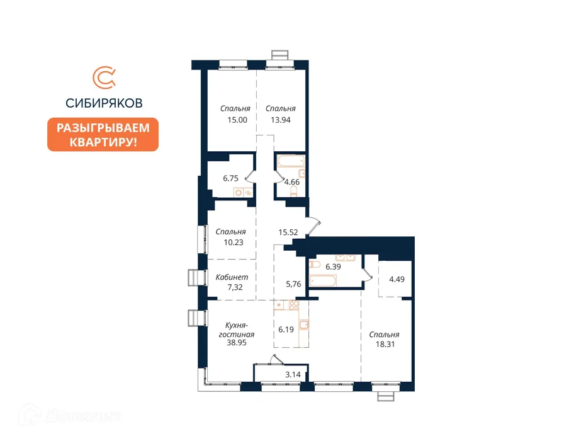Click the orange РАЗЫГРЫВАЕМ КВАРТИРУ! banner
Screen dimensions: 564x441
point(103,134)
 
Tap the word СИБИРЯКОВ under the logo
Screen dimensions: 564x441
point(104,103)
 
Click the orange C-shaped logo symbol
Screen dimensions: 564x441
point(104,77)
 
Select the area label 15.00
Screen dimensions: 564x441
point(237,120)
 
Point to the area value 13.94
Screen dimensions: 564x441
point(281,120)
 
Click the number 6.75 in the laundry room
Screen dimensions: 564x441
point(230,178)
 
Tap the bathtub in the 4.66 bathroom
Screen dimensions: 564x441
point(291,161)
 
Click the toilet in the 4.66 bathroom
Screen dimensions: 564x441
point(293,192)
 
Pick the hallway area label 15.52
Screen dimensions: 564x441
point(288,232)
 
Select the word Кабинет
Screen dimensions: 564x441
point(232,277)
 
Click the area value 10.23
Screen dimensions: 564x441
point(234,243)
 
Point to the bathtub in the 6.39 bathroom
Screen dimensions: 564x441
point(323,281)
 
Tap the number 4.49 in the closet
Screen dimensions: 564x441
point(397,279)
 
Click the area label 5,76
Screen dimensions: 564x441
point(293,284)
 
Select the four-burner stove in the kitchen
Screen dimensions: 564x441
point(294,306)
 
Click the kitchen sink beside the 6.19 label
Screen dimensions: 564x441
point(304,324)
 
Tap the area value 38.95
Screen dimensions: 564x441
point(237,343)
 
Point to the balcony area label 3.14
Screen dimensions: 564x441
point(293,374)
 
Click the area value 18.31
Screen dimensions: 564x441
point(385,344)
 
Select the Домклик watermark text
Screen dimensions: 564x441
point(83,416)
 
